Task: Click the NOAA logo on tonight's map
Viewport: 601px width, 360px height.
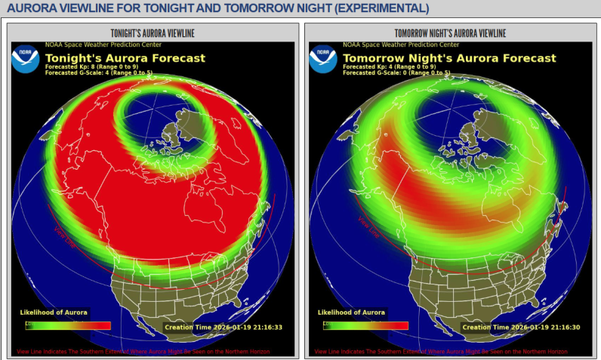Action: click(x=25, y=59)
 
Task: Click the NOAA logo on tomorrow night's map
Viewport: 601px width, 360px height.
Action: click(x=323, y=59)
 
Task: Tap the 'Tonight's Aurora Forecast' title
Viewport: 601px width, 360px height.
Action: click(x=125, y=58)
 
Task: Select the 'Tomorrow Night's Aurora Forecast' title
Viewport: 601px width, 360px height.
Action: click(x=449, y=58)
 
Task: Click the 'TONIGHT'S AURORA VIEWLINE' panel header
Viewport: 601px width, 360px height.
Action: click(x=153, y=33)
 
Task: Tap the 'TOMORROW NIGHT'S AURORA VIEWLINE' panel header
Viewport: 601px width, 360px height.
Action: click(x=450, y=33)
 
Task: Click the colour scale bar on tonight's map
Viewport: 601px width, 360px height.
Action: click(x=68, y=325)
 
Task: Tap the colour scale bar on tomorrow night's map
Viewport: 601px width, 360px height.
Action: click(x=365, y=325)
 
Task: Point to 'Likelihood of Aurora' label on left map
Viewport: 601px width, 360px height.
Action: click(x=54, y=312)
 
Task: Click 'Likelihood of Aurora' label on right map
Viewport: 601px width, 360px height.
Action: click(x=352, y=312)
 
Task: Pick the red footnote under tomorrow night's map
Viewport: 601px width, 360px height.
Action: click(x=440, y=352)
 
